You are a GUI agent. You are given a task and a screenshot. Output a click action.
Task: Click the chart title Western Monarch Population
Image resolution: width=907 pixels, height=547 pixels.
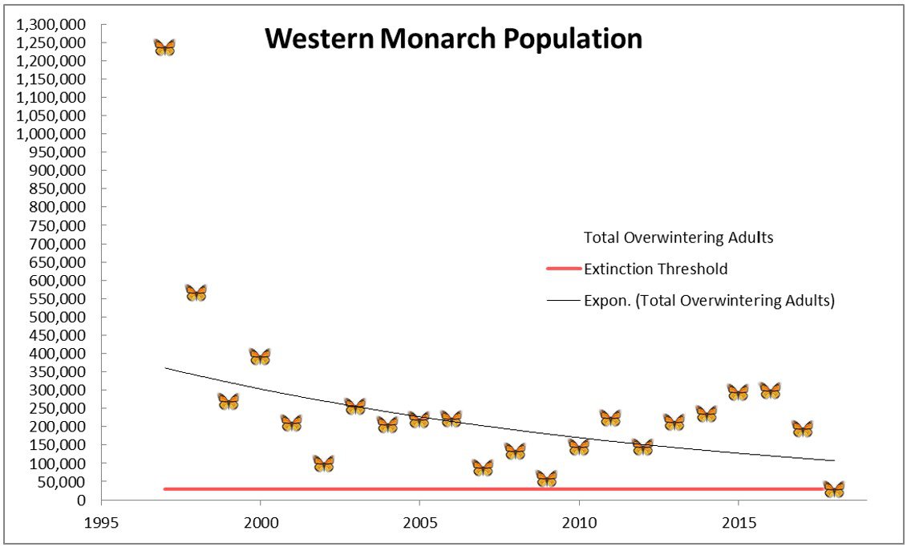pyautogui.click(x=453, y=38)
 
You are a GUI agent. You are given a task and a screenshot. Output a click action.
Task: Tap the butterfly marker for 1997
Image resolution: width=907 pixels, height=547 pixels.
pyautogui.click(x=164, y=48)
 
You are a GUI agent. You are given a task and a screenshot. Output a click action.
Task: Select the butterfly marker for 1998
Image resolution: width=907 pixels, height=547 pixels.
pyautogui.click(x=196, y=293)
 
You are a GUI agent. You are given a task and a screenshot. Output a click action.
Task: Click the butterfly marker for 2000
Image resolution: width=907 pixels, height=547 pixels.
pyautogui.click(x=260, y=357)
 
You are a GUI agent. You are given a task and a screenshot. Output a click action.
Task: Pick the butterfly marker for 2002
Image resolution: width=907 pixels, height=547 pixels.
pyautogui.click(x=323, y=464)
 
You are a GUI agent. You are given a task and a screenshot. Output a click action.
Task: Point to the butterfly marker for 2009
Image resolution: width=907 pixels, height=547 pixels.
pyautogui.click(x=546, y=479)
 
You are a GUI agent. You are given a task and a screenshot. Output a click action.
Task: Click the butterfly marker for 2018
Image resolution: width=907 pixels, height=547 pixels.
pyautogui.click(x=834, y=489)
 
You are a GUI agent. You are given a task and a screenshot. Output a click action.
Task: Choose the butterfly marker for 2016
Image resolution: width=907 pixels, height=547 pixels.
pyautogui.click(x=770, y=391)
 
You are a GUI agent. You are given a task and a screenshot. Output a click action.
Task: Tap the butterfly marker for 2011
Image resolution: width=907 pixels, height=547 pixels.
pyautogui.click(x=610, y=418)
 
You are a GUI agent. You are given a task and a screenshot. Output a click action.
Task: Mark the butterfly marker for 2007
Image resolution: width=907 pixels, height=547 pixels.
pyautogui.click(x=483, y=468)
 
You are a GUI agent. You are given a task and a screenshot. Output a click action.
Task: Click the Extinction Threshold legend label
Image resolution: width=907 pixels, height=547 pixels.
pyautogui.click(x=656, y=269)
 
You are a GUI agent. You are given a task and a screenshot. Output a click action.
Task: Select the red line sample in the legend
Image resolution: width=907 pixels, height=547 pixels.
pyautogui.click(x=563, y=269)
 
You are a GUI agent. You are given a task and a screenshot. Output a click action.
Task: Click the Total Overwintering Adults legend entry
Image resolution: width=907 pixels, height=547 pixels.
pyautogui.click(x=678, y=237)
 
